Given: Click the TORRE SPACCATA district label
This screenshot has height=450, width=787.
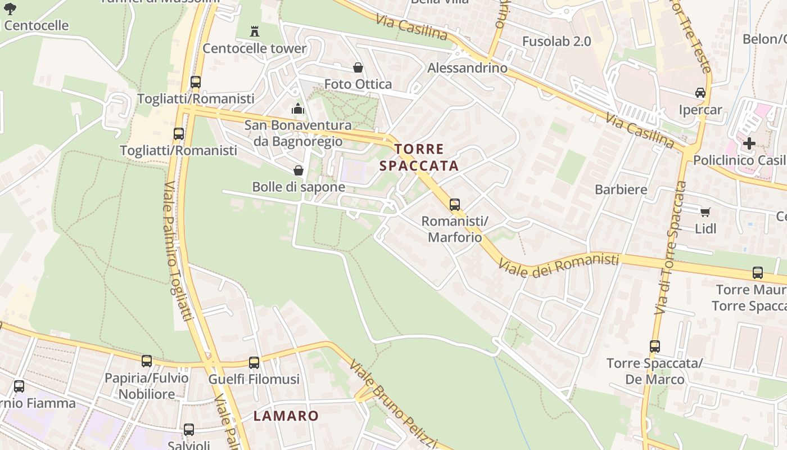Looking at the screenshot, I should (x=419, y=157).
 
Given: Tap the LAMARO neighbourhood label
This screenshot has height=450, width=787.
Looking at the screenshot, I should (x=286, y=416).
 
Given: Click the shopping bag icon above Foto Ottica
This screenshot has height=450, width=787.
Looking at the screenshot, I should (x=358, y=68).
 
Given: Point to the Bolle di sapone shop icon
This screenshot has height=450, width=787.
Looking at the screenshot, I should (x=298, y=170).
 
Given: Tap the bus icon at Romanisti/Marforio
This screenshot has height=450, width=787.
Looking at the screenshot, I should (x=455, y=205).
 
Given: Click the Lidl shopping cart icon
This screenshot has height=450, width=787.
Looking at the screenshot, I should (x=705, y=212).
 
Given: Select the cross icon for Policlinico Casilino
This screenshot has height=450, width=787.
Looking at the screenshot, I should (x=749, y=143).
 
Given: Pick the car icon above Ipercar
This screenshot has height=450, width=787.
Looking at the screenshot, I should (x=700, y=93).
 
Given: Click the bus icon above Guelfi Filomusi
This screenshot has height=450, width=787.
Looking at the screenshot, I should (x=254, y=363).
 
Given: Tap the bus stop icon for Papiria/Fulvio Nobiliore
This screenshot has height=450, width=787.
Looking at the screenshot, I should (x=147, y=361).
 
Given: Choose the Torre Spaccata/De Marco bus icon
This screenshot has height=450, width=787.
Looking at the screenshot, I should (x=655, y=346).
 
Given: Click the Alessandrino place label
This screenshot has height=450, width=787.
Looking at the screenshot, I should (x=467, y=68).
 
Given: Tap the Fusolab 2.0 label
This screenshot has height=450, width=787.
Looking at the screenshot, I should (x=557, y=41).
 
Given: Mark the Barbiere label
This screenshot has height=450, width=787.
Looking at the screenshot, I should (x=621, y=190).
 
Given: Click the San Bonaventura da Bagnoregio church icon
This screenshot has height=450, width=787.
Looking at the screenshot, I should (x=298, y=109).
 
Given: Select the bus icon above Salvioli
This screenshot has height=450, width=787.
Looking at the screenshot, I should (x=189, y=430).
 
